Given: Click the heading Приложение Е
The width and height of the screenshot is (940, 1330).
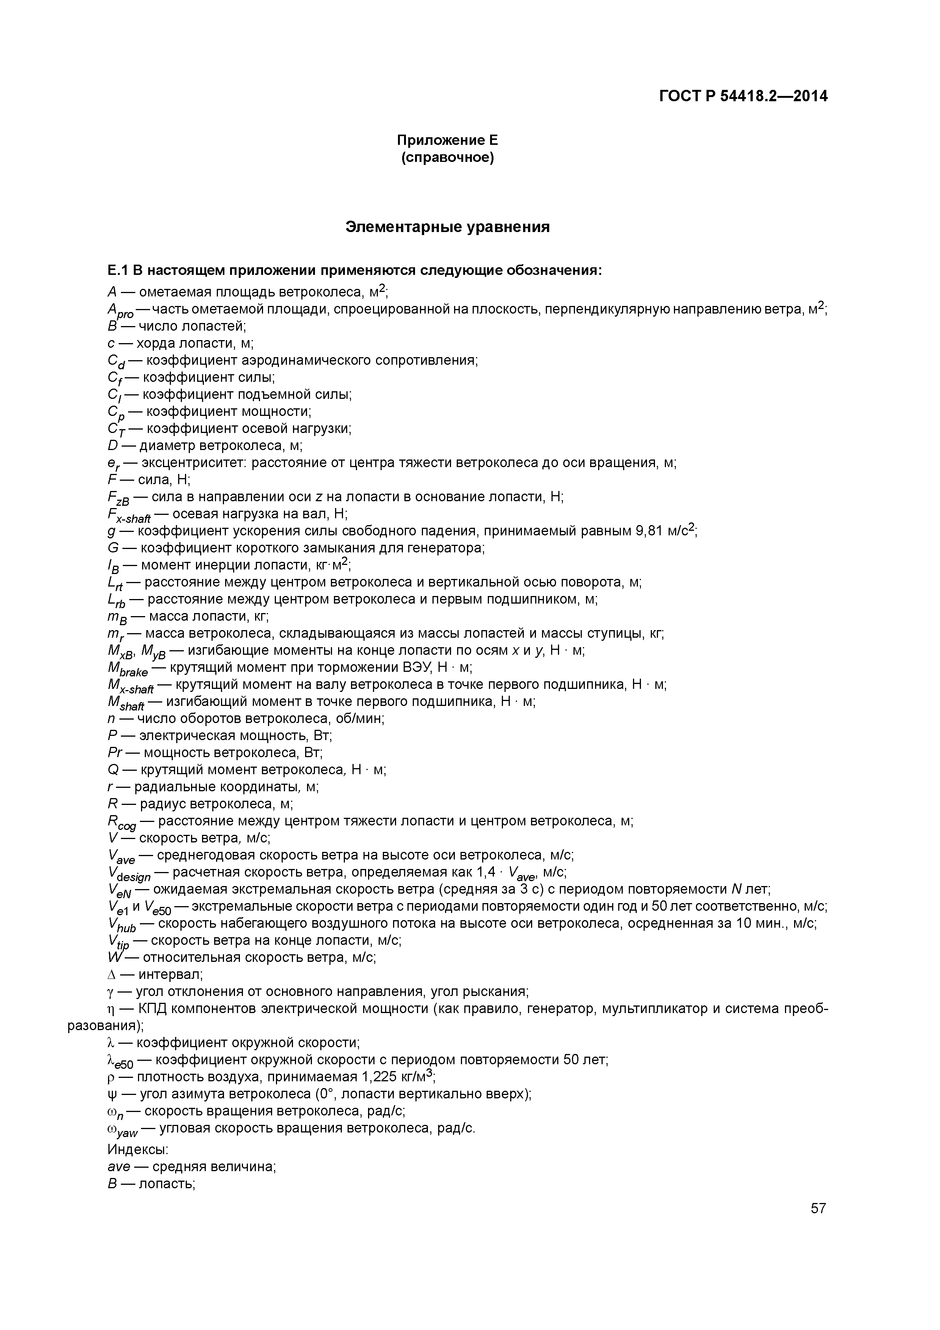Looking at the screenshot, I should coord(447,140).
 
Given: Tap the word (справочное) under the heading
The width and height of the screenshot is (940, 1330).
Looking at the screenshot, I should coord(447,158).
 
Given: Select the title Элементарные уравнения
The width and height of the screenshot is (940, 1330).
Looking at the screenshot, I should coord(447,227).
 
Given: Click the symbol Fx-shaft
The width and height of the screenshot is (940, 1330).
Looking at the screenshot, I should coord(128,516).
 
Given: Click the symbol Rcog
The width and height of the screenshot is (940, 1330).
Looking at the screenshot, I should coord(122,822).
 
